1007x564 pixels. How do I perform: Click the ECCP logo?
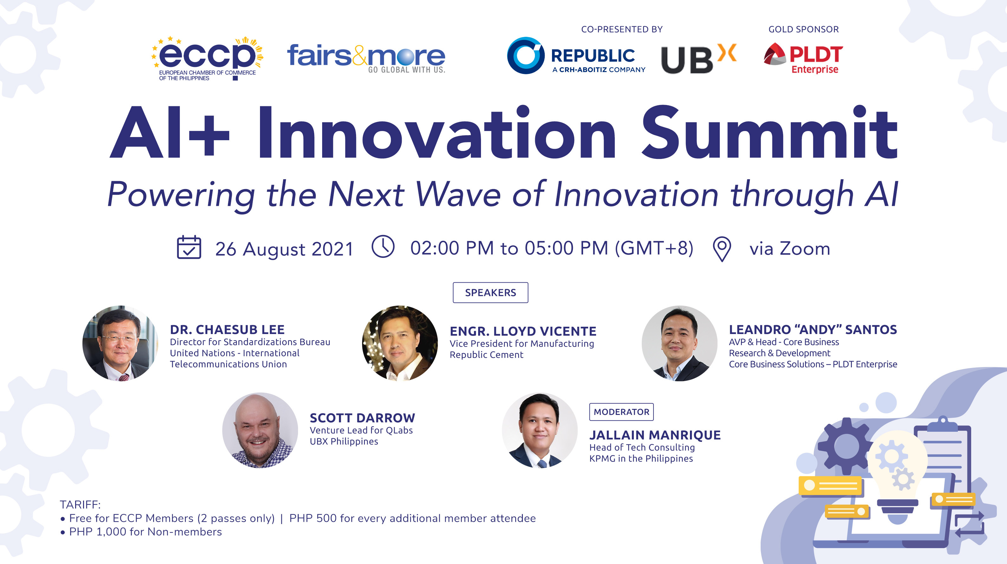207,58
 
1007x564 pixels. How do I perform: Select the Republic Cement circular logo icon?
525,56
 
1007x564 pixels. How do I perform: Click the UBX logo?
698,59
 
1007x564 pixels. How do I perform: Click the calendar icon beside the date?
189,247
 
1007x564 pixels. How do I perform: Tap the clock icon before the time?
383,246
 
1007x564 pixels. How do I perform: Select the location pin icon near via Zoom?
722,249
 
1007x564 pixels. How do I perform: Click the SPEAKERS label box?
490,292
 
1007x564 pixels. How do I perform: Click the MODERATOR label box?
621,412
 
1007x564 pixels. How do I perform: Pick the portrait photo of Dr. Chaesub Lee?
120,344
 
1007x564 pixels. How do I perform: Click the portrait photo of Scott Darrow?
260,430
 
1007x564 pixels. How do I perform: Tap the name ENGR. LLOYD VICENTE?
523,331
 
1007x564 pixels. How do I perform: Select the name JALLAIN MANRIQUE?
655,435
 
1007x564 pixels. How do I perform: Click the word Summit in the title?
769,133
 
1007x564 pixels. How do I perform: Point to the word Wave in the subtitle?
458,194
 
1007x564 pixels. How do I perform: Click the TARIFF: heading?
80,505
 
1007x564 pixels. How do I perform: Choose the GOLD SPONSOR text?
803,29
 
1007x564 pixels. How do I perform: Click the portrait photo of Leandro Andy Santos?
679,344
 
